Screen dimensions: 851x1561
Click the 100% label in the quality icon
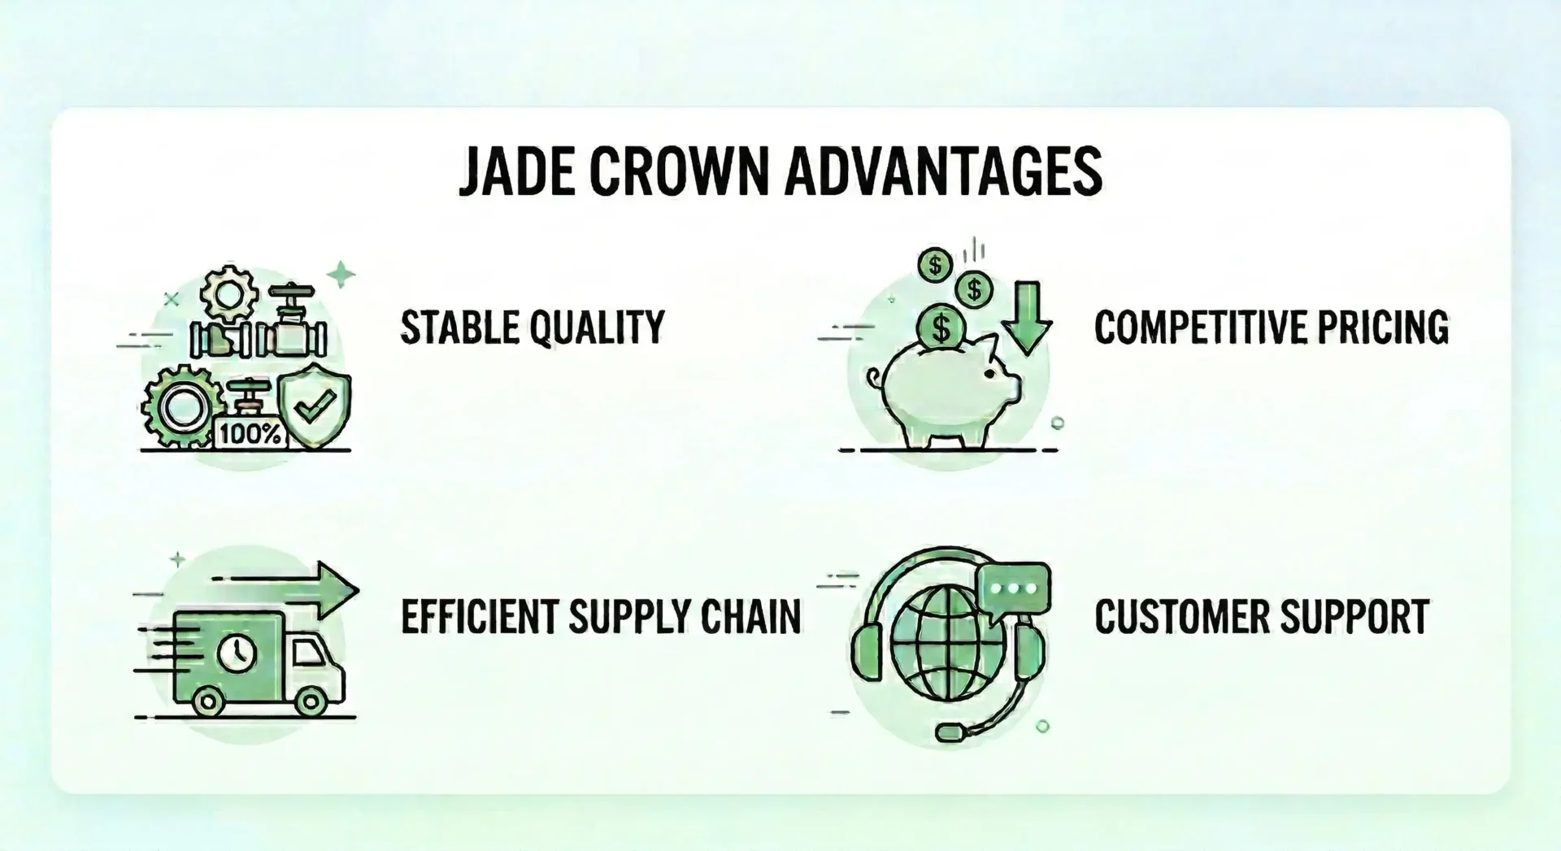[x=250, y=434]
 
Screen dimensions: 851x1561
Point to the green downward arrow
[x=1028, y=318]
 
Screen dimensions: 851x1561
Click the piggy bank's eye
[x=989, y=374]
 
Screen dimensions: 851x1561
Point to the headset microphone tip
[x=949, y=732]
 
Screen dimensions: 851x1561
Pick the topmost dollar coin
[x=935, y=265]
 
